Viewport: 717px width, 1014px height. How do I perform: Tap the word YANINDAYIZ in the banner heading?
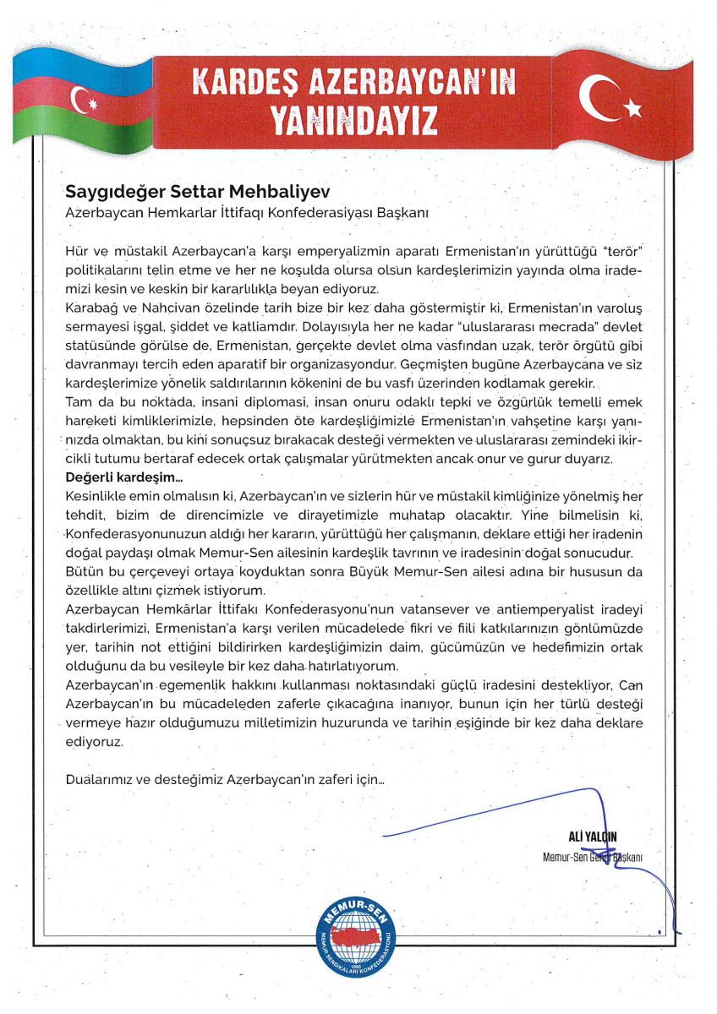click(354, 121)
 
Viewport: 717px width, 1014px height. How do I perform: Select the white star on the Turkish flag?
click(633, 108)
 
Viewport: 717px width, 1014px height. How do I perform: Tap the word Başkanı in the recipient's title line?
click(407, 214)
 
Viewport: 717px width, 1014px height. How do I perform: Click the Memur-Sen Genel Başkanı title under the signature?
click(593, 858)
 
